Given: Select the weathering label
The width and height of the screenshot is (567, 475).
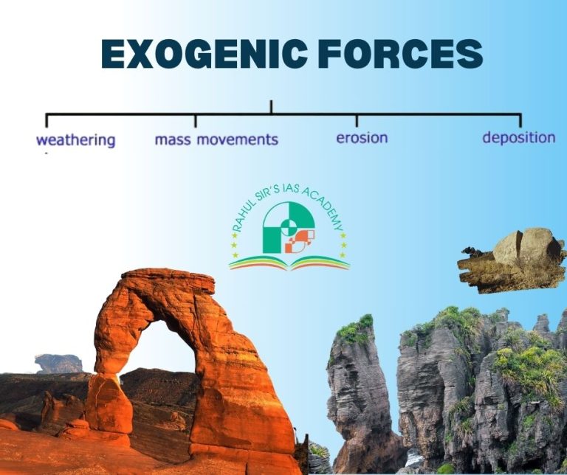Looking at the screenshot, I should (x=76, y=139).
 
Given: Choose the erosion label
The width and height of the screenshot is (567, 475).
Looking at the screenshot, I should (x=362, y=138).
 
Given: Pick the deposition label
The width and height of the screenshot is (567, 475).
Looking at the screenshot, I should (x=518, y=137).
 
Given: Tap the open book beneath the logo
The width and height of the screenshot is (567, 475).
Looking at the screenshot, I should (x=289, y=262).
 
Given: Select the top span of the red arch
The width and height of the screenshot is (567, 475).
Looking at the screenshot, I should (x=166, y=284).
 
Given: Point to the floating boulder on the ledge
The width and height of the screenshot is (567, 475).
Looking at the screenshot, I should (x=526, y=248).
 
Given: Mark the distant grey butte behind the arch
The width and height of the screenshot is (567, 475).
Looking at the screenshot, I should (x=59, y=363).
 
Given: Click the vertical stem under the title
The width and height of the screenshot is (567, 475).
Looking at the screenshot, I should (x=271, y=108).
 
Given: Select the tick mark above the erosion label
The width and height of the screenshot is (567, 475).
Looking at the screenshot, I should (x=357, y=120).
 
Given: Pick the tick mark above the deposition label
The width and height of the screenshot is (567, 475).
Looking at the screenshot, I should (x=520, y=120).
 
